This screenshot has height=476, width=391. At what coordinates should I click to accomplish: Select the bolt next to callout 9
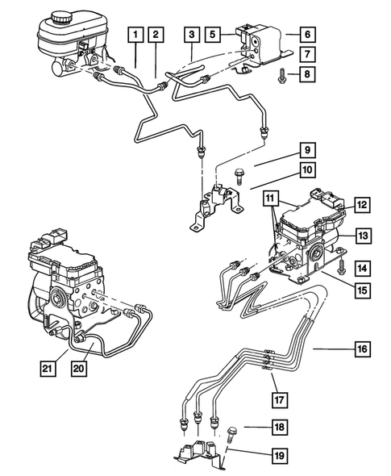click(240, 173)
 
